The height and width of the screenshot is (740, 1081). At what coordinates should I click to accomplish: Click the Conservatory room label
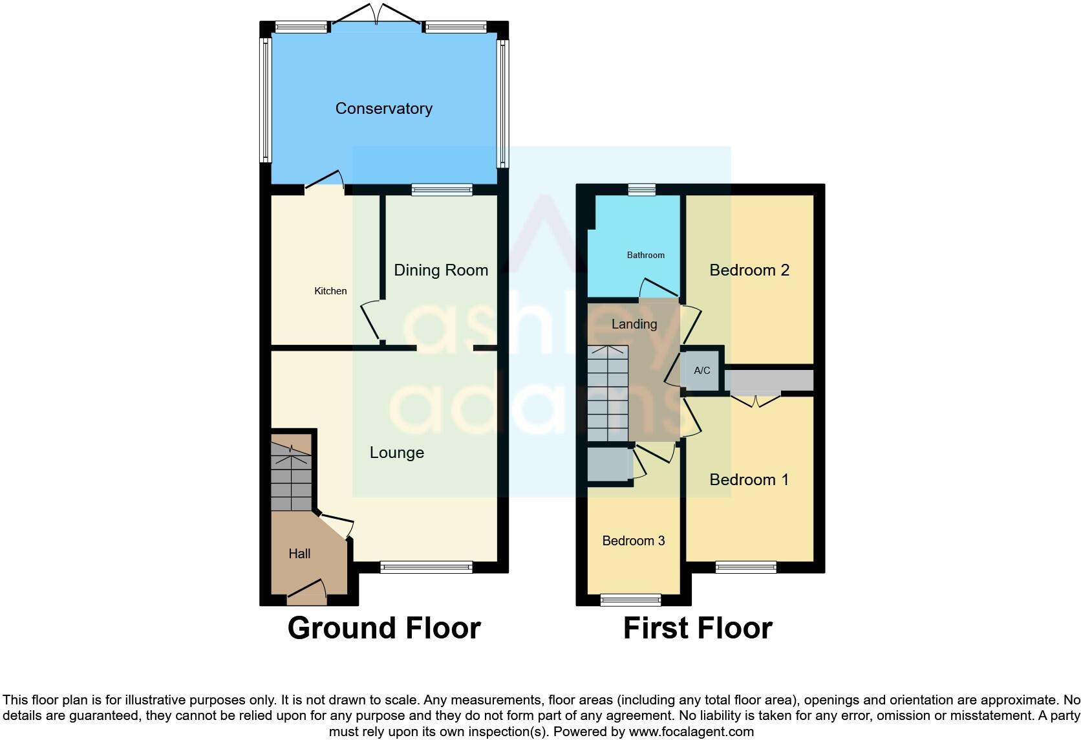pyautogui.click(x=383, y=109)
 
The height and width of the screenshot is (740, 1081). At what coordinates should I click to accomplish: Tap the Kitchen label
pyautogui.click(x=330, y=291)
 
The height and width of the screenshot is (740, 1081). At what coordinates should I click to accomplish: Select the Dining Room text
pyautogui.click(x=441, y=270)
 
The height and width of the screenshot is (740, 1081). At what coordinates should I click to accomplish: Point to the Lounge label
pyautogui.click(x=396, y=453)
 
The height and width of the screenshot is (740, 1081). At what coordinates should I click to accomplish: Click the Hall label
pyautogui.click(x=299, y=554)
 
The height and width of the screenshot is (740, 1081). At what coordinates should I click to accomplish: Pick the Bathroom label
pyautogui.click(x=645, y=256)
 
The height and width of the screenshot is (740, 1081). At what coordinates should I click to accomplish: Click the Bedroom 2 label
pyautogui.click(x=749, y=270)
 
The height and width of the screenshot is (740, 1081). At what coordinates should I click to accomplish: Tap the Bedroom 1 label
pyautogui.click(x=749, y=480)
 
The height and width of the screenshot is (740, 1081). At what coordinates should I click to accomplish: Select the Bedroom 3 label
pyautogui.click(x=633, y=541)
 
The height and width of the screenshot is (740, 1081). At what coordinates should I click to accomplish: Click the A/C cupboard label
pyautogui.click(x=701, y=371)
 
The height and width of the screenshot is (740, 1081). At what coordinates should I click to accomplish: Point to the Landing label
pyautogui.click(x=634, y=324)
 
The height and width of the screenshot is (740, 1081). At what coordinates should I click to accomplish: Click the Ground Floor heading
pyautogui.click(x=384, y=628)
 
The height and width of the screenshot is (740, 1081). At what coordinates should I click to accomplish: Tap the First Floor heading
pyautogui.click(x=698, y=628)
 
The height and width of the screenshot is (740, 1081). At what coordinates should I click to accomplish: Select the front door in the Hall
pyautogui.click(x=306, y=593)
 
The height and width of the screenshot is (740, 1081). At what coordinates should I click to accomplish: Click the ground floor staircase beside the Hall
pyautogui.click(x=291, y=479)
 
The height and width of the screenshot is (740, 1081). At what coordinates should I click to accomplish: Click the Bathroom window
pyautogui.click(x=641, y=189)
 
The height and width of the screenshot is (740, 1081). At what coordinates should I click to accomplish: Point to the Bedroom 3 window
pyautogui.click(x=630, y=600)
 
